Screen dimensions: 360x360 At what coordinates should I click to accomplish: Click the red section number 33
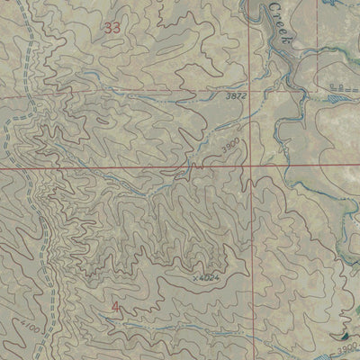pyautogui.click(x=112, y=28)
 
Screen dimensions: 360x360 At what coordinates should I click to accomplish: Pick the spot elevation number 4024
pyautogui.click(x=210, y=277)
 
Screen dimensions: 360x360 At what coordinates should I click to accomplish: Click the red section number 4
pyautogui.click(x=115, y=309)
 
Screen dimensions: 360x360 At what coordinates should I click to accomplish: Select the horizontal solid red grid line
pyautogui.click(x=135, y=168)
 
